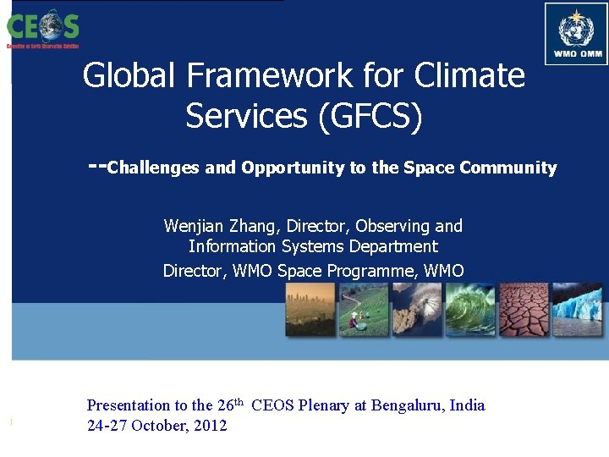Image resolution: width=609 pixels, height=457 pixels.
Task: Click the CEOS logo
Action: pyautogui.click(x=43, y=28)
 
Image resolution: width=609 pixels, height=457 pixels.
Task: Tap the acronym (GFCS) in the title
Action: pyautogui.click(x=370, y=116)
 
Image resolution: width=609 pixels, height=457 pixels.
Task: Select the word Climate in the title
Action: pyautogui.click(x=469, y=76)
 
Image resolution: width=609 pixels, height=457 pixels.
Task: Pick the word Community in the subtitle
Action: pyautogui.click(x=508, y=168)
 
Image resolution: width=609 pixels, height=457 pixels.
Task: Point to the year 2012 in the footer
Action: pyautogui.click(x=211, y=426)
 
